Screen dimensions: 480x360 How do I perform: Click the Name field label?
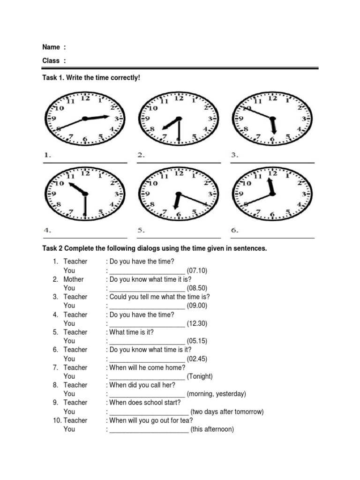pyautogui.click(x=51, y=47)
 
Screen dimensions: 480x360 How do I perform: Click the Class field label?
pyautogui.click(x=51, y=60)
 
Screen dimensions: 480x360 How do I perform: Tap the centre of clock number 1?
pyautogui.click(x=84, y=118)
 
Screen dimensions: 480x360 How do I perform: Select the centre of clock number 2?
pyautogui.click(x=178, y=118)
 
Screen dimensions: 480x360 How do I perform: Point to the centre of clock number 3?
pyautogui.click(x=272, y=118)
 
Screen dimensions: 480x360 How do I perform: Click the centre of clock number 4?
pyautogui.click(x=84, y=194)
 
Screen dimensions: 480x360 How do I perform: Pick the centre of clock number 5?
pyautogui.click(x=178, y=194)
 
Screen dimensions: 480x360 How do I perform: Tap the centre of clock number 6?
pyautogui.click(x=272, y=194)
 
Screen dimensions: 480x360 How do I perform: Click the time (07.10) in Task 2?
pyautogui.click(x=197, y=270)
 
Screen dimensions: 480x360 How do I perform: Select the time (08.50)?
pyautogui.click(x=197, y=288)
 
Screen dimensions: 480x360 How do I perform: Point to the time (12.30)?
pyautogui.click(x=197, y=323)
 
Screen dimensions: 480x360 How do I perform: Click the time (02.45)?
pyautogui.click(x=197, y=359)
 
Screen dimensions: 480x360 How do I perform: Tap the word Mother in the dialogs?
pyautogui.click(x=74, y=279)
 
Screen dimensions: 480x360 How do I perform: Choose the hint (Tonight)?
pyautogui.click(x=200, y=376)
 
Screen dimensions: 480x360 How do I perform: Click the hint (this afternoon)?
pyautogui.click(x=212, y=429)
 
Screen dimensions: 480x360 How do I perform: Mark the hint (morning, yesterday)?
pyautogui.click(x=216, y=394)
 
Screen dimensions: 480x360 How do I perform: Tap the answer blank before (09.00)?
pyautogui.click(x=147, y=306)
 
